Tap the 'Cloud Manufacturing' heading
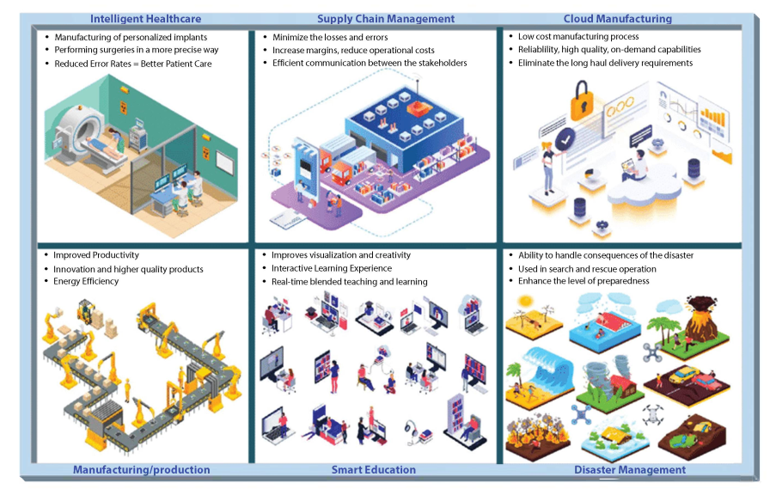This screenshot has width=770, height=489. click(617, 18)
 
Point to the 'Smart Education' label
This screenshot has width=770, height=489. click(373, 470)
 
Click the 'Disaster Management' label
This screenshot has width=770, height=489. click(630, 470)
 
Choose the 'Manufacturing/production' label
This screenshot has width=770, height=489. click(141, 470)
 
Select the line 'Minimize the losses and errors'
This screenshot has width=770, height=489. click(330, 38)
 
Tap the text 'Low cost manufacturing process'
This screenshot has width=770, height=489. click(577, 37)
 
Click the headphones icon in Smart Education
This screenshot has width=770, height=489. click(400, 427)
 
